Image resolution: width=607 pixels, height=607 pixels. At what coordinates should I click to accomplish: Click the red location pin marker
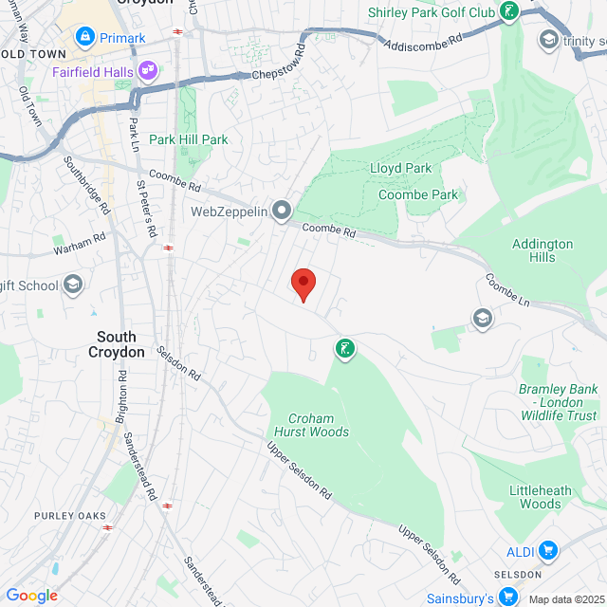point(303,283)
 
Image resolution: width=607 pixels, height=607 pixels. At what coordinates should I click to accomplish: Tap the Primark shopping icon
point(86,37)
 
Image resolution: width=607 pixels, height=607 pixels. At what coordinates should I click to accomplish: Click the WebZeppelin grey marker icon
point(282,211)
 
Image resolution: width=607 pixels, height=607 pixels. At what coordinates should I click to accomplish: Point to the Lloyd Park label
point(400,168)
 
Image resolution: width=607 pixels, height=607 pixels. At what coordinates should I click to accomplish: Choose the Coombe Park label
point(418,194)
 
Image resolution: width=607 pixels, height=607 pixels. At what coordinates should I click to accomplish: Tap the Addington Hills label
point(543,250)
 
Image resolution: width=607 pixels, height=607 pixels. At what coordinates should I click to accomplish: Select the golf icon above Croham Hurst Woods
point(345,349)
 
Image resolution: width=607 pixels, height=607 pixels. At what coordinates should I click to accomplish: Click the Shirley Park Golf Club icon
point(510,12)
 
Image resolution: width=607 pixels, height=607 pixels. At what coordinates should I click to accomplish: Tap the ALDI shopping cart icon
point(547,550)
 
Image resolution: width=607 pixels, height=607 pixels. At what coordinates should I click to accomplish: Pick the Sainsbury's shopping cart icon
point(508,597)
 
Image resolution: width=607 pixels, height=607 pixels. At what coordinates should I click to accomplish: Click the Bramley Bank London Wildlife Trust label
point(558,403)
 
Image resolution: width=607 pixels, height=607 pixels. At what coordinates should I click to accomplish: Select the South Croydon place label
point(121,344)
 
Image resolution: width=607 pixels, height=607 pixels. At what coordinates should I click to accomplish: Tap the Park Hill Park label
point(188,139)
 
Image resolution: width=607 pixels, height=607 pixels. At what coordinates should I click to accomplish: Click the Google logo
point(31,596)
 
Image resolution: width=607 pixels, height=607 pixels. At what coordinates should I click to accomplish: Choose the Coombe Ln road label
point(506,289)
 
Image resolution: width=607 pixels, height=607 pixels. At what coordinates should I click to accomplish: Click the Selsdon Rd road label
point(179,363)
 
